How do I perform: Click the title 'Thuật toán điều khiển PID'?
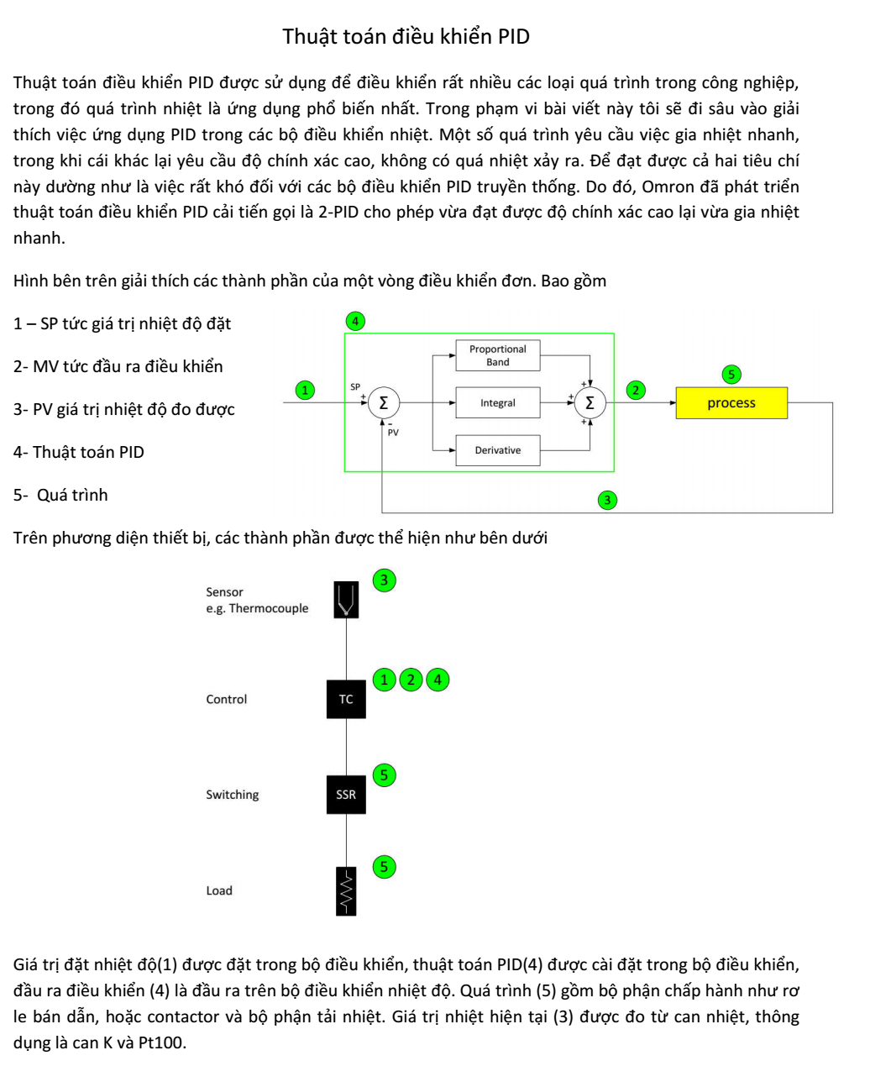(x=406, y=37)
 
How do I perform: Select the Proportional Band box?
(x=497, y=355)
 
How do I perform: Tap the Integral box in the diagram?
(x=497, y=403)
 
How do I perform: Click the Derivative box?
(x=497, y=450)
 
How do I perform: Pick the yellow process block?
(x=731, y=403)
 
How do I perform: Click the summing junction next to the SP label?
(x=383, y=403)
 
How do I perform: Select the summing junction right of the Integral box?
(x=590, y=403)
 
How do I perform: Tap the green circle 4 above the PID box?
(x=355, y=321)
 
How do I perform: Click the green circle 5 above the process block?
(x=731, y=375)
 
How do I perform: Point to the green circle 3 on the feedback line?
(x=607, y=501)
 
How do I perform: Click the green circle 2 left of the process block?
(x=636, y=390)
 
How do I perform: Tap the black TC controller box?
(x=346, y=699)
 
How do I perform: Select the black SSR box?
(x=346, y=795)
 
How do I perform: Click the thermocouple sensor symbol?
(x=346, y=600)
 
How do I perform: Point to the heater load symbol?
(x=346, y=890)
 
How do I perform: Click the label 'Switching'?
(x=233, y=795)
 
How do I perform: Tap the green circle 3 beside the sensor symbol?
(x=384, y=580)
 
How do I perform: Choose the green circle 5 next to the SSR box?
(x=384, y=775)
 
